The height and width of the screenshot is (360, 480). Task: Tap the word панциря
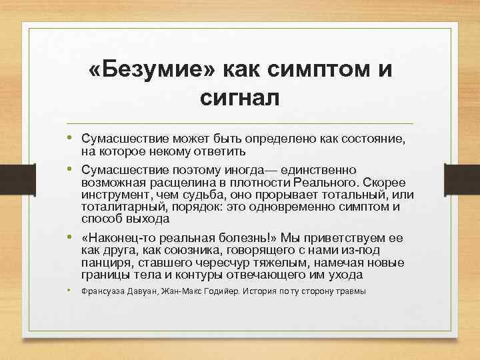tap(105, 262)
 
